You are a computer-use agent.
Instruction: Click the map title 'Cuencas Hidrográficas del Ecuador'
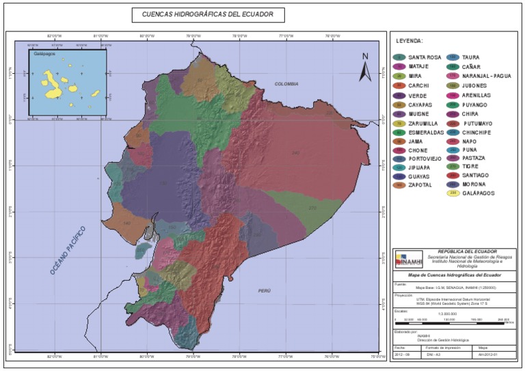(198, 14)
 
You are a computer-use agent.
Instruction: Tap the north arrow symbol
(366, 67)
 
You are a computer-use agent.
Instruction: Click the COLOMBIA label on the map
(286, 83)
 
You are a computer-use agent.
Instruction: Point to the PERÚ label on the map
(265, 290)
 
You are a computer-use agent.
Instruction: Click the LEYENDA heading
(410, 41)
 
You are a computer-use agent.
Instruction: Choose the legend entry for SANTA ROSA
(425, 57)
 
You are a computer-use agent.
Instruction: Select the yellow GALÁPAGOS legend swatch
(452, 193)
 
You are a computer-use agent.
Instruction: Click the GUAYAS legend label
(419, 176)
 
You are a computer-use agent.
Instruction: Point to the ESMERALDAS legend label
(426, 132)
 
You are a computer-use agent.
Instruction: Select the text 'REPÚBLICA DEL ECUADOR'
(467, 251)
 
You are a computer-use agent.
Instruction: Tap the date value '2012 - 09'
(404, 354)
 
